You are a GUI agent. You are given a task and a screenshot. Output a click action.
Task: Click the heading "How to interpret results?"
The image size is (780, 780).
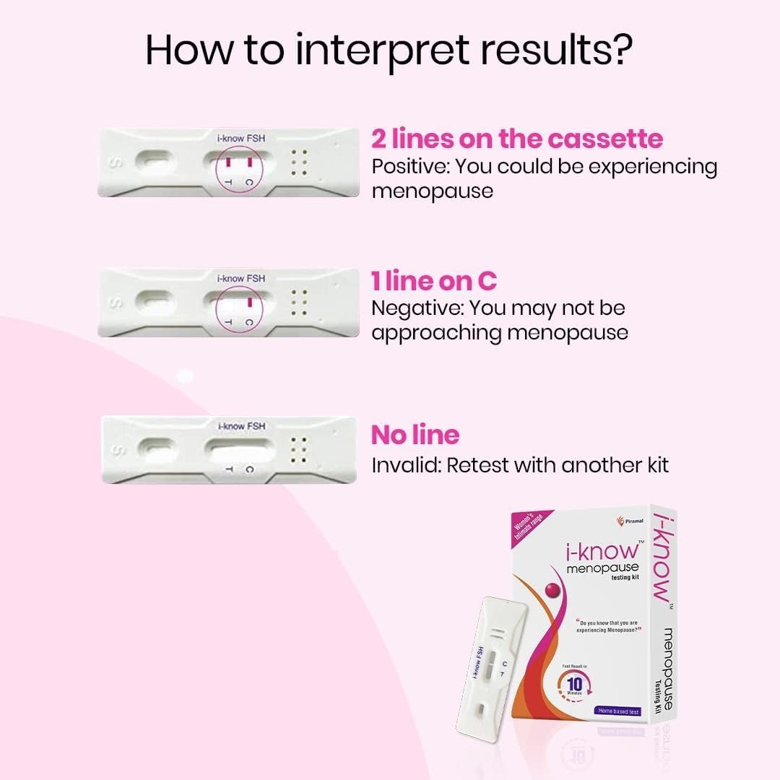pos(389,48)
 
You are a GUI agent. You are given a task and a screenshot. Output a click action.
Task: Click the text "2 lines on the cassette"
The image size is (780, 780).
pos(517,139)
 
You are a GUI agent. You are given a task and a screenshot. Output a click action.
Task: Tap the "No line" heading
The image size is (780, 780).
pos(415,435)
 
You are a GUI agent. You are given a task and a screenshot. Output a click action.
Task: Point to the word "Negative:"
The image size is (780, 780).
pos(417,308)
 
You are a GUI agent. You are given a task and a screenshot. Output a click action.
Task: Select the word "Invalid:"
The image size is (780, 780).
pos(406,464)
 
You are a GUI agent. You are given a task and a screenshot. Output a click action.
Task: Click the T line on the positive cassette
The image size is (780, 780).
pos(227,160)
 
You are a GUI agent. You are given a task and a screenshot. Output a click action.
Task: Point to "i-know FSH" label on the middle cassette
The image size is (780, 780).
pos(241,278)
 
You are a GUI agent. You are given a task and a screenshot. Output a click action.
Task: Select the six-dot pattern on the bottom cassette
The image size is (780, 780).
pos(299,449)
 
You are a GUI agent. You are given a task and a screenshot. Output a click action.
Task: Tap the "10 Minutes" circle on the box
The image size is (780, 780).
pos(576,683)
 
